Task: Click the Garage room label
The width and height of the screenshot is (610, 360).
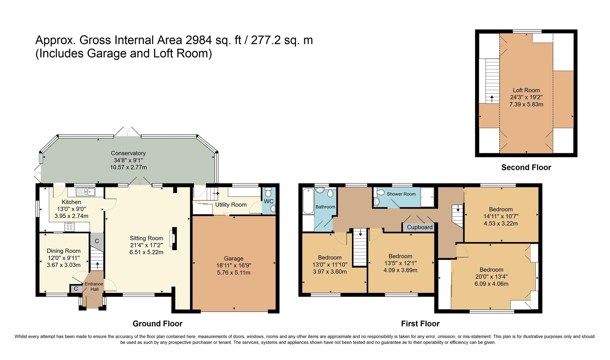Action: pos(233,258)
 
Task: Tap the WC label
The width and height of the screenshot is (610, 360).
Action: pos(268,201)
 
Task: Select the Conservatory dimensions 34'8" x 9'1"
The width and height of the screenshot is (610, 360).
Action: pos(128,160)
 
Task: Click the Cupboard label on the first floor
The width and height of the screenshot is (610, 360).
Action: pos(420,227)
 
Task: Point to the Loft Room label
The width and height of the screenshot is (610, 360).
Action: pos(526,90)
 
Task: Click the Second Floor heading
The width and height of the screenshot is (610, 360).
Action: pos(526,167)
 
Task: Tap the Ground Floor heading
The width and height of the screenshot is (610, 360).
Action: pos(157,323)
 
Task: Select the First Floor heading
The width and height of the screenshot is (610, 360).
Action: pos(420,323)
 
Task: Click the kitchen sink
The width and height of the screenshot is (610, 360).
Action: pos(85,192)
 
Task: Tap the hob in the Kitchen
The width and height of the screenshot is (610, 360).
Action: pos(70,227)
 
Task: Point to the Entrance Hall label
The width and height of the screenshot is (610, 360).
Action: pos(94,286)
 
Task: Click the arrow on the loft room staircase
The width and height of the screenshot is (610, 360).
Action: pos(492,99)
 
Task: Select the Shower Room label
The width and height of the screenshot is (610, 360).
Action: pos(401,194)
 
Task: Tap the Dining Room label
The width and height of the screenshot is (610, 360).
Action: pos(63,251)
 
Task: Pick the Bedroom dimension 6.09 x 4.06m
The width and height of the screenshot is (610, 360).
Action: pos(491,284)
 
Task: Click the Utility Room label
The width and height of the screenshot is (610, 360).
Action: pos(231,205)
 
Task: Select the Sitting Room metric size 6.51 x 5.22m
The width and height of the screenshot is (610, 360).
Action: pos(146,252)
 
